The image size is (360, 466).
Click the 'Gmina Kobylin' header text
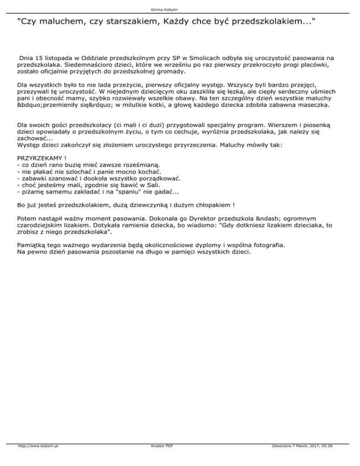(180, 9)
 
